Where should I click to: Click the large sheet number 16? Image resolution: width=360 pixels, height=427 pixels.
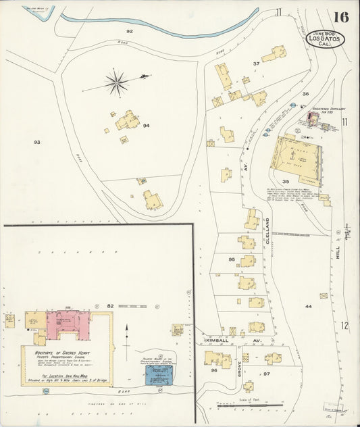click(x=340, y=17)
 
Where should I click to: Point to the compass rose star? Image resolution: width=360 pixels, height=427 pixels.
click(x=117, y=83)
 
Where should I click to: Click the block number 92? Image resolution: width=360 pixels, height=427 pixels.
click(x=129, y=32)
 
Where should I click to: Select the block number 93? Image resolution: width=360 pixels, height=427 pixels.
click(x=37, y=142)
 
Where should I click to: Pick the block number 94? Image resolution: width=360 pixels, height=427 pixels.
click(x=146, y=126)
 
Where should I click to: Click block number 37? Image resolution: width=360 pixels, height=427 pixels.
click(x=256, y=64)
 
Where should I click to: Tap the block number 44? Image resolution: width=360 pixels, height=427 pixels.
click(x=308, y=306)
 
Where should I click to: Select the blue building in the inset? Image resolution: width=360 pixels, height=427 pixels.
click(x=160, y=374)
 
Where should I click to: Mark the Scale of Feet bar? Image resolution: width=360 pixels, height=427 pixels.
click(x=250, y=405)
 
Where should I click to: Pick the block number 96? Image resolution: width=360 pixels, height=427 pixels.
click(x=214, y=370)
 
